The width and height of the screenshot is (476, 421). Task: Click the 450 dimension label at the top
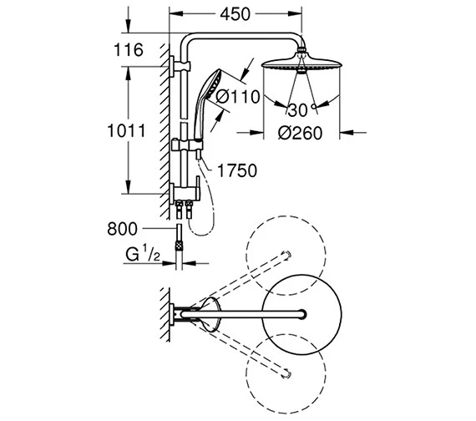pyautogui.click(x=235, y=14)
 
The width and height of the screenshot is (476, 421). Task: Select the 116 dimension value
pyautogui.click(x=129, y=50)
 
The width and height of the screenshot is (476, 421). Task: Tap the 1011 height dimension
pyautogui.click(x=127, y=131)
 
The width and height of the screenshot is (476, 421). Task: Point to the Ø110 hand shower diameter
pyautogui.click(x=238, y=97)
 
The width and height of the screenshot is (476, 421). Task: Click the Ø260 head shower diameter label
pyautogui.click(x=301, y=134)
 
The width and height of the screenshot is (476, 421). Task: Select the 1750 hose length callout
pyautogui.click(x=237, y=170)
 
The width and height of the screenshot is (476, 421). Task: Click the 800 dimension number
pyautogui.click(x=122, y=229)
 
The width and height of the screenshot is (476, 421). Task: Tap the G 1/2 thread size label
pyautogui.click(x=143, y=254)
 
